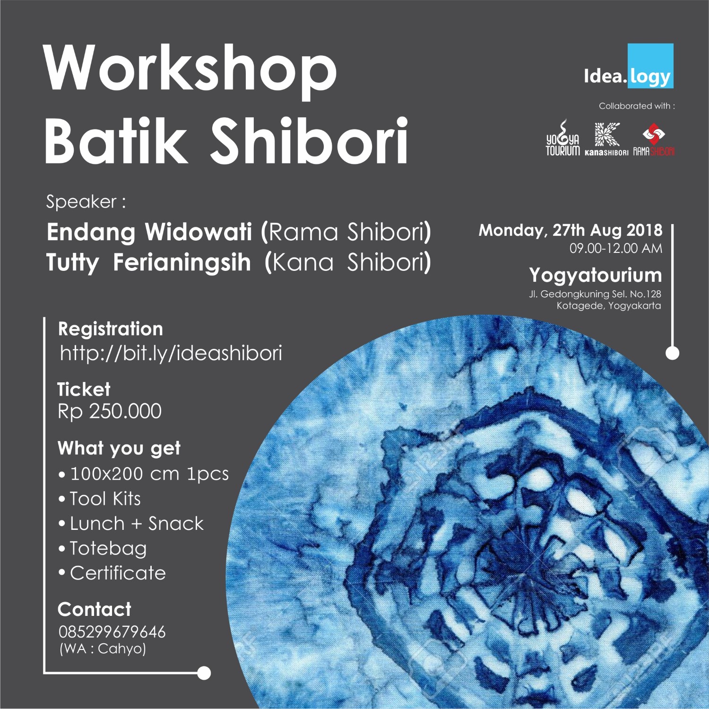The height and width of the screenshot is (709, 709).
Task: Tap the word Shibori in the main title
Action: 309,140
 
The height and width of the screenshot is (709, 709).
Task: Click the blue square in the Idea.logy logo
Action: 650,66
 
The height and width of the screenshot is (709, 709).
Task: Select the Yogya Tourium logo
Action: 562,138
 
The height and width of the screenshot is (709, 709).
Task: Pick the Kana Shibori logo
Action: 606,139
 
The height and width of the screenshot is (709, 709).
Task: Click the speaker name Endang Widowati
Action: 149,232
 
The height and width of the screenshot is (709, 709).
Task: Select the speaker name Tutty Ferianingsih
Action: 148,263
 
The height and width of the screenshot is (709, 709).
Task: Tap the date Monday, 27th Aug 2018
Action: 571,230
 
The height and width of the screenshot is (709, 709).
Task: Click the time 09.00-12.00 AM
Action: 616,248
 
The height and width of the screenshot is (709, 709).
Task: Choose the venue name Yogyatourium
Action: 596,275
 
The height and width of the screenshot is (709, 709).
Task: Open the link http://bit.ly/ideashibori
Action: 171,353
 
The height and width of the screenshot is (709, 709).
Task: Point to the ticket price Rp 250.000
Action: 110,411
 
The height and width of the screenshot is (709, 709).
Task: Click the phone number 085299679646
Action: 112,631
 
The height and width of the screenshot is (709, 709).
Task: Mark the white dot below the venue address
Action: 672,353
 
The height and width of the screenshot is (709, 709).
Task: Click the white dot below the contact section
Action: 204,673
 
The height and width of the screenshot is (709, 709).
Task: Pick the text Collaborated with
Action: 637,106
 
